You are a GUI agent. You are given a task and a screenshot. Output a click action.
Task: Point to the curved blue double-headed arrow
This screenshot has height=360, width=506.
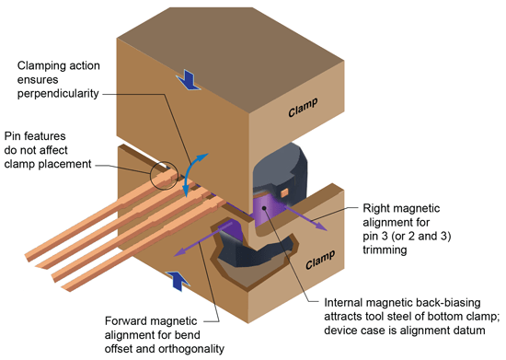[189, 174]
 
